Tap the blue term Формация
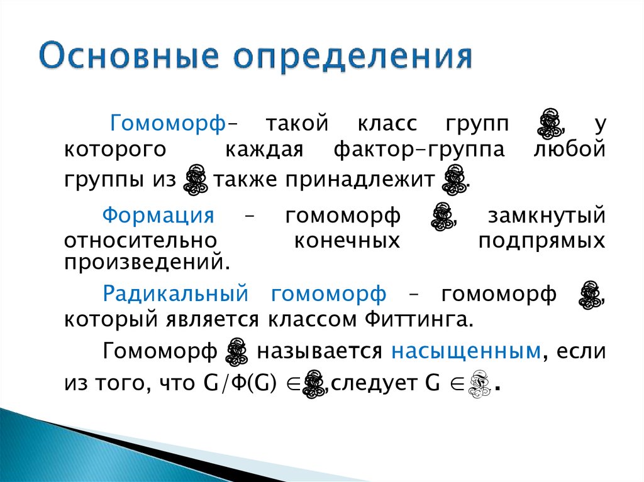tap(158, 216)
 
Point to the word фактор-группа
tap(419, 151)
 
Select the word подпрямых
tap(541, 241)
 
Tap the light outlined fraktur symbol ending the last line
tap(480, 384)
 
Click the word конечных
tap(347, 241)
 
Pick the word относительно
tap(140, 241)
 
